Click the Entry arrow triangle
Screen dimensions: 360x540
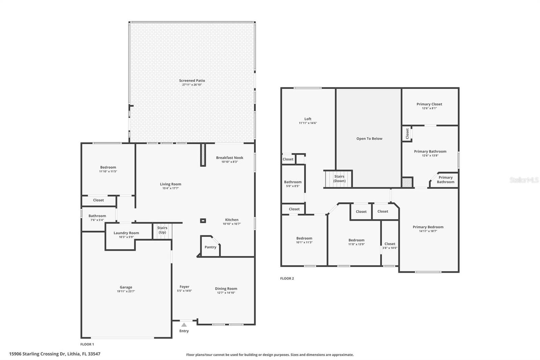click(x=184, y=325)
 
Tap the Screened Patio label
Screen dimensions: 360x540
click(x=192, y=81)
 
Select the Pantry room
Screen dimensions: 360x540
click(x=210, y=247)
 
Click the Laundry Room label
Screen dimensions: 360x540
click(x=126, y=233)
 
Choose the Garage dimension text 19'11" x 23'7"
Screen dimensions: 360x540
click(x=126, y=291)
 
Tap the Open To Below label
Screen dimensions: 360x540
click(x=369, y=139)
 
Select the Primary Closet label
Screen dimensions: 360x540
click(x=429, y=104)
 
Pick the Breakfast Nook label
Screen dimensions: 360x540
click(x=230, y=158)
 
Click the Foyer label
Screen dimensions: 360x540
click(x=184, y=287)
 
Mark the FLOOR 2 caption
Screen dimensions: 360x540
click(x=287, y=279)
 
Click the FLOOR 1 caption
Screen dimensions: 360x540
click(x=87, y=344)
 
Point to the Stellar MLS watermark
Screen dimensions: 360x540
click(x=524, y=180)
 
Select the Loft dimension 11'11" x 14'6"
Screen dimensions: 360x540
click(x=307, y=123)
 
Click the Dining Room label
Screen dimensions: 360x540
click(x=226, y=289)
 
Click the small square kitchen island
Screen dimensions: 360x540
click(x=203, y=221)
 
